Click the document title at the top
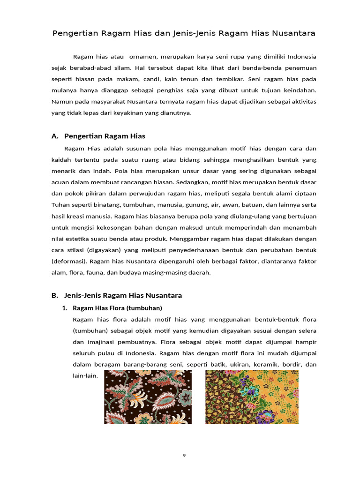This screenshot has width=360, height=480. (x=183, y=33)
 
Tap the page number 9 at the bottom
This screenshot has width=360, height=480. (x=184, y=455)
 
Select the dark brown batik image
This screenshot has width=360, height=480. (x=148, y=397)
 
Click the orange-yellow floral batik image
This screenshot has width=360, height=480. (x=252, y=397)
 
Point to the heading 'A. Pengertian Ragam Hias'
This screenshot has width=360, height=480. (x=98, y=136)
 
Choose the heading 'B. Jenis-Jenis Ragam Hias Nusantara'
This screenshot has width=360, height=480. (x=116, y=295)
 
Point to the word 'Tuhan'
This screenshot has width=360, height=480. (x=60, y=204)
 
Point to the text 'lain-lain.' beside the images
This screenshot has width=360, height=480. (x=85, y=375)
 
